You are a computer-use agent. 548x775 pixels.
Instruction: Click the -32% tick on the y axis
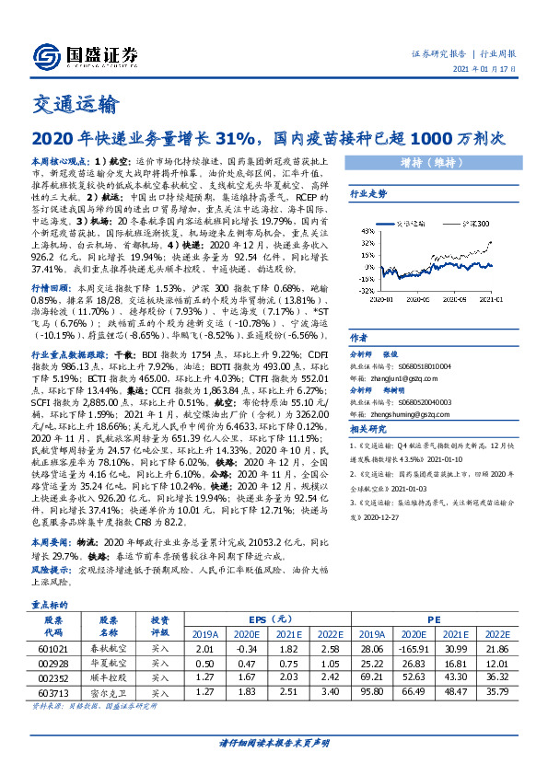(367, 288)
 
